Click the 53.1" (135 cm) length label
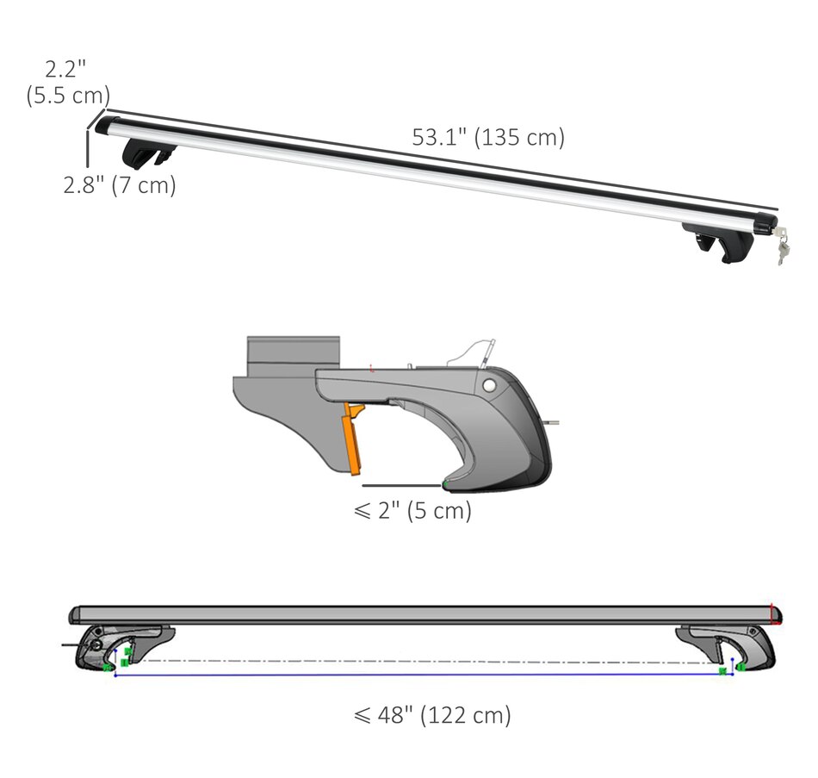[488, 137]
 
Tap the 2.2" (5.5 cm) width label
[68, 83]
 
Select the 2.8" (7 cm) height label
[120, 185]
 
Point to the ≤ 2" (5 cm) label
[412, 510]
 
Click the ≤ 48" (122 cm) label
[432, 715]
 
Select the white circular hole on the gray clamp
[489, 385]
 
